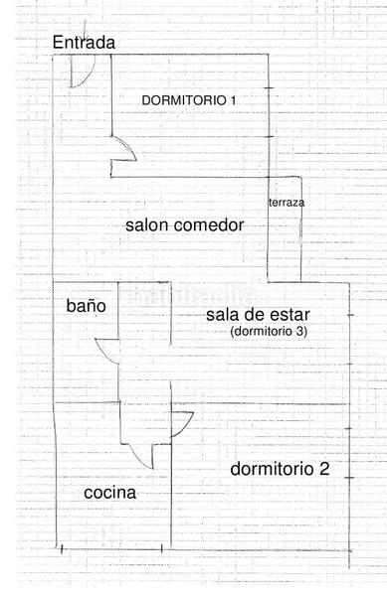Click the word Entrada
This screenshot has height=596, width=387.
tap(84, 43)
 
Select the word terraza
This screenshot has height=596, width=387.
tap(287, 202)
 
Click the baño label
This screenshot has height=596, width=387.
tap(87, 306)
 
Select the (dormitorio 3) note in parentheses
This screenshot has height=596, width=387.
tap(268, 331)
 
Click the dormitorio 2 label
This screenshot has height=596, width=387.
tap(280, 469)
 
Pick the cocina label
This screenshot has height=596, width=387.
tap(109, 493)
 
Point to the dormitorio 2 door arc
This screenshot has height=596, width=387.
tap(181, 424)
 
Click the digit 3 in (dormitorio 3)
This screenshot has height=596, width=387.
tap(300, 331)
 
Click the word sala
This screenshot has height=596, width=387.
tap(222, 315)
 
